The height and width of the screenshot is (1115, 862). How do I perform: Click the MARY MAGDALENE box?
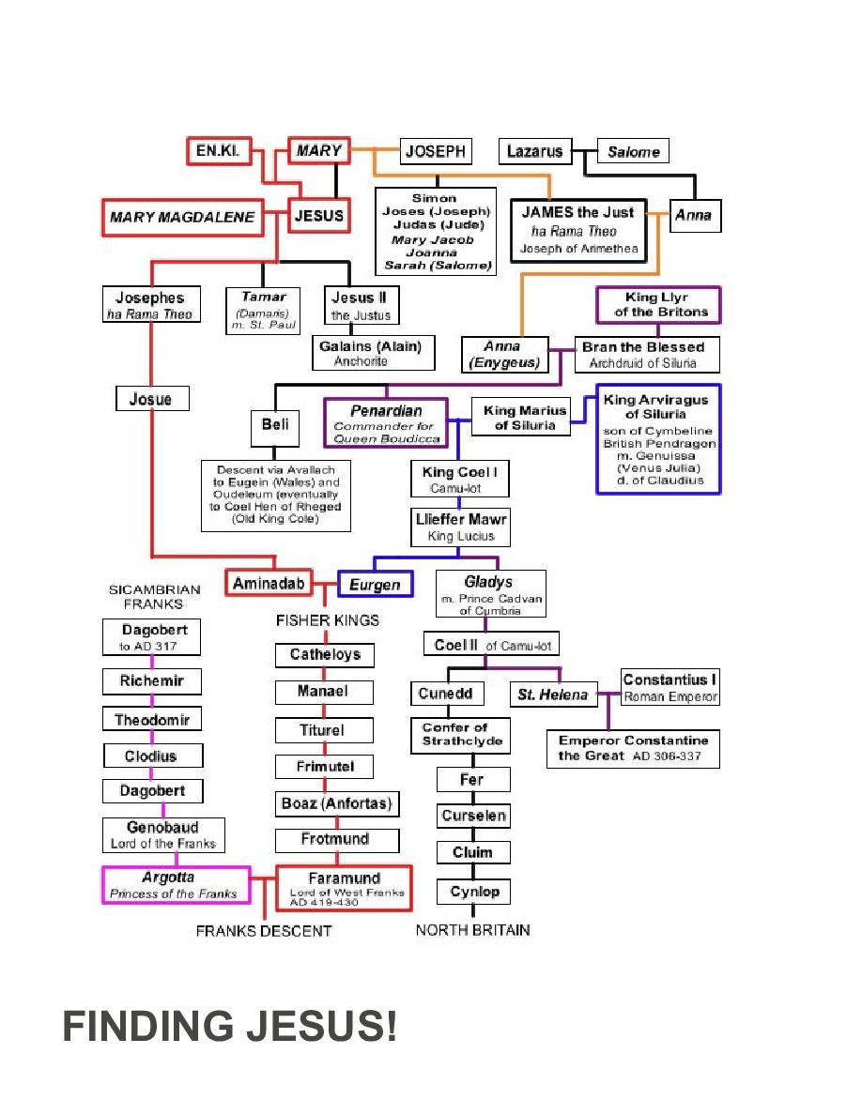tap(182, 217)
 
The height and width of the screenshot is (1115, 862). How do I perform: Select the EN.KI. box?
tap(219, 151)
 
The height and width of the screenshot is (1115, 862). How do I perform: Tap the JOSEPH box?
tap(436, 151)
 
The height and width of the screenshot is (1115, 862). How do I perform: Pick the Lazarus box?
tap(534, 151)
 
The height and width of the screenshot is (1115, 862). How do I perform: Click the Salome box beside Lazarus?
tap(633, 151)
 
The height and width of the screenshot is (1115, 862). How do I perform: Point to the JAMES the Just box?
tap(578, 230)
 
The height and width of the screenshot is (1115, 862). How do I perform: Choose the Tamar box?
tap(263, 310)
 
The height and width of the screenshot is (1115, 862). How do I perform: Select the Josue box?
tap(151, 399)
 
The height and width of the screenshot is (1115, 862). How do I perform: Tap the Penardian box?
tap(385, 422)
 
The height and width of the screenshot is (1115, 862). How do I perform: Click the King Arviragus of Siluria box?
tap(657, 438)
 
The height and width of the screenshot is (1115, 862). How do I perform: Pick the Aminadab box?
tap(269, 583)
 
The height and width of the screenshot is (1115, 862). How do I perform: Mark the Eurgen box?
tap(375, 585)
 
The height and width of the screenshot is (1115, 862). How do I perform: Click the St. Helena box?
tap(553, 695)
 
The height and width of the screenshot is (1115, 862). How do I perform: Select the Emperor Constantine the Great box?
tap(634, 748)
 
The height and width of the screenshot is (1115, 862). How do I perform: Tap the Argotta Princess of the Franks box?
tap(176, 884)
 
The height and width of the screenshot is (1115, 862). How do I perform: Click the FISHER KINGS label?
tap(327, 620)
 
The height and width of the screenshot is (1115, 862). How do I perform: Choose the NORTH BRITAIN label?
tap(472, 930)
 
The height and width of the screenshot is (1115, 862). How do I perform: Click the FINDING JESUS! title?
tap(230, 1027)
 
